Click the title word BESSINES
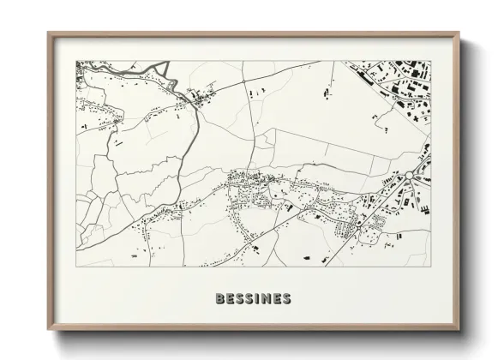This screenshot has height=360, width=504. coord(253,299)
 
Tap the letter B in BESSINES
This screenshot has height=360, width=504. coord(221,299)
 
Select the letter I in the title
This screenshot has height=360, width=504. coord(259,299)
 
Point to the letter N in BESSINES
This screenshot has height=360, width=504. coord(267,299)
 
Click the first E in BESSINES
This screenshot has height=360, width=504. coord(231,299)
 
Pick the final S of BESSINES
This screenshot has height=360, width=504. coord(287,299)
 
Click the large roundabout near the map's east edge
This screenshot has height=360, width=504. coord(411,175)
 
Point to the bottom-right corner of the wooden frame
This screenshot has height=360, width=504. coord(459,337)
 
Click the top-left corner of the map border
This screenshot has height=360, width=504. coord(76,61)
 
